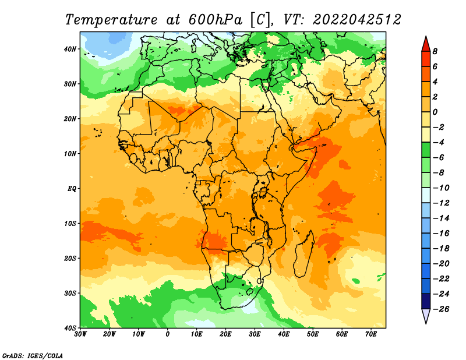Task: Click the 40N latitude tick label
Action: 70,49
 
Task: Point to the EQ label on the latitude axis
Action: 72,189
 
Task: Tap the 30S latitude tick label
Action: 70,294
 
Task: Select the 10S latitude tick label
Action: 70,224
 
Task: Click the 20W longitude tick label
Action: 109,334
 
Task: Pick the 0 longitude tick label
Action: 168,334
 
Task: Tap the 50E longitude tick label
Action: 313,334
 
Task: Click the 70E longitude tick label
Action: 371,334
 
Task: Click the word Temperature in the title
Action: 111,20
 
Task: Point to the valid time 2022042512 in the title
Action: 357,20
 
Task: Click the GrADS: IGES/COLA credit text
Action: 33,356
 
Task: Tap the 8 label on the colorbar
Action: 435,51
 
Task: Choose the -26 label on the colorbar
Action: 441,309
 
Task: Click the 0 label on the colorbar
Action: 435,112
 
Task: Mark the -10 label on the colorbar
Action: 441,188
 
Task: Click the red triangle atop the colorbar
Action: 426,44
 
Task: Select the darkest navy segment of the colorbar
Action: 426,301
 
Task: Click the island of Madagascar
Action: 303,254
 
